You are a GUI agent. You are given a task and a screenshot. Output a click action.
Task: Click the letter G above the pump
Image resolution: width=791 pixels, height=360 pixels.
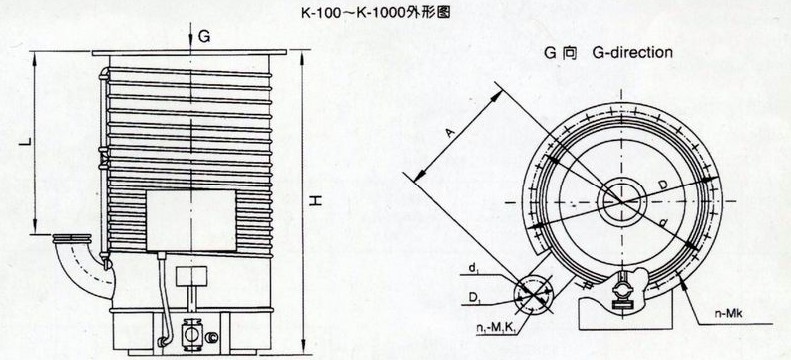pyautogui.click(x=203, y=36)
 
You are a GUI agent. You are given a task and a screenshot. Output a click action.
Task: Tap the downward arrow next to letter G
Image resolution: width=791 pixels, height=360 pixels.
pyautogui.click(x=188, y=38)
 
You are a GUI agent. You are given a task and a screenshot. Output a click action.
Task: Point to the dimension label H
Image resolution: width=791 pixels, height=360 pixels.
pyautogui.click(x=313, y=201)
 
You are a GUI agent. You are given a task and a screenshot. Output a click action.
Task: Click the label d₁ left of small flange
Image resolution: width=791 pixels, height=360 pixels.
pyautogui.click(x=469, y=265)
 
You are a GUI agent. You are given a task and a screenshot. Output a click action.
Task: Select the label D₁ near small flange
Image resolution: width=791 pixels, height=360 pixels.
pyautogui.click(x=469, y=295)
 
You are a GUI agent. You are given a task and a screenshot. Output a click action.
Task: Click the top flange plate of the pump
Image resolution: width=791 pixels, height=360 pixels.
pyautogui.click(x=194, y=53)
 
